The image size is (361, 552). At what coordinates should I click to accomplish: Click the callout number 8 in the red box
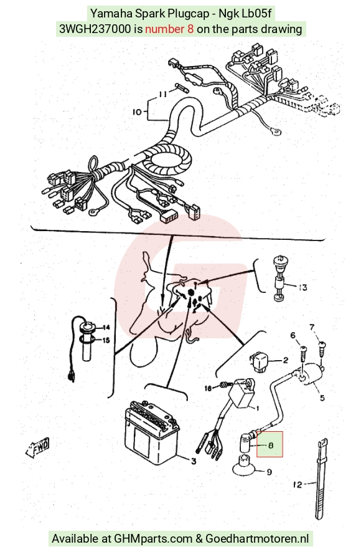coord(271,445)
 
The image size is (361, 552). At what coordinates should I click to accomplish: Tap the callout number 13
coord(302,288)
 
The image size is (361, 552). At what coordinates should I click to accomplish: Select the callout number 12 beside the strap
coord(298,485)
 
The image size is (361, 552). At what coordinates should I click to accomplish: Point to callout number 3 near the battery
coord(194,460)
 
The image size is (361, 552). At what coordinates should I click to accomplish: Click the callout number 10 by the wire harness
coord(138,112)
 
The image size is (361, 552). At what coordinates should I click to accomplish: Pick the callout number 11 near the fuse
coord(162,94)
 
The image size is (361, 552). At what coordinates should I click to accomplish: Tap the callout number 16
coord(209,388)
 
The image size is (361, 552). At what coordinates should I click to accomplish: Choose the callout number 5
coord(322,398)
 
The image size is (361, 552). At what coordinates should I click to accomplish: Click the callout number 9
coord(269,472)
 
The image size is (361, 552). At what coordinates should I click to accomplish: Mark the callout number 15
coord(106,340)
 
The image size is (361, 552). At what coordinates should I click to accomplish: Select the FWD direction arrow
coord(37,448)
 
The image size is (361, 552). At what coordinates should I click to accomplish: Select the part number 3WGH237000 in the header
coord(95,29)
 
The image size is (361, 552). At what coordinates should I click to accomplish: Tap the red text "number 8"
coord(169,29)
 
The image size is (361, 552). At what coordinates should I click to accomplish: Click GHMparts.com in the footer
coord(153,539)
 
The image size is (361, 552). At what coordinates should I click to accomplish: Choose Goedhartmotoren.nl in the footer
coord(257,539)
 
